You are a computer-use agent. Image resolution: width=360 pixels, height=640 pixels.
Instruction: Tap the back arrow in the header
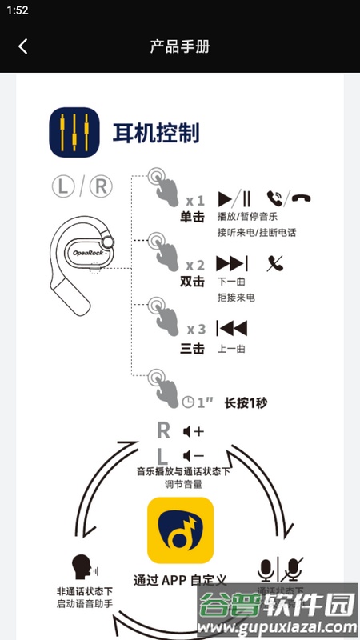click(x=22, y=46)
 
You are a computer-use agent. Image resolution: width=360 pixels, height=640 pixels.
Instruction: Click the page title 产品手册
click(x=180, y=46)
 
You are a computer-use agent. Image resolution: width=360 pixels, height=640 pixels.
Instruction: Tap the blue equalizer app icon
click(x=74, y=133)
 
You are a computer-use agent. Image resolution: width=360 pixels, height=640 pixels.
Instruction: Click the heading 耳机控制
click(x=156, y=133)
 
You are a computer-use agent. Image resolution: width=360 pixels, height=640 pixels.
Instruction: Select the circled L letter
click(x=64, y=186)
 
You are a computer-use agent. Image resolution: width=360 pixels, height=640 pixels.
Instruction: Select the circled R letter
click(x=100, y=186)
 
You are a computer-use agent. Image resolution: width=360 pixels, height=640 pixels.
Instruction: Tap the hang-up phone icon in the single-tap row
click(x=302, y=198)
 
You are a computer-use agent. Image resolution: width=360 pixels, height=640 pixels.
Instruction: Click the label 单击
click(x=193, y=218)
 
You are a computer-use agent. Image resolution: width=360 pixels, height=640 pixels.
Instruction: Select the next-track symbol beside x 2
click(x=232, y=263)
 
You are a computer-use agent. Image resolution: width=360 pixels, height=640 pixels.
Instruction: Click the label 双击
click(x=193, y=282)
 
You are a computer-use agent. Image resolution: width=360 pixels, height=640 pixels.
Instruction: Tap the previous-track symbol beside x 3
click(x=232, y=328)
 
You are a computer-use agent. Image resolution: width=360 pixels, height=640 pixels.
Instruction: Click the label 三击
click(x=193, y=347)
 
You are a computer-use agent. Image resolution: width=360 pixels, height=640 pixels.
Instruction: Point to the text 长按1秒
click(x=246, y=402)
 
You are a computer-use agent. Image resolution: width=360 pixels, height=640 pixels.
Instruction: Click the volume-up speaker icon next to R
click(x=193, y=431)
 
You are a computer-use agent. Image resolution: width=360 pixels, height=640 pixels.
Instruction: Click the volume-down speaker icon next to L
click(x=193, y=456)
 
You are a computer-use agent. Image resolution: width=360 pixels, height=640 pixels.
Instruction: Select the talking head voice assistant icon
click(x=81, y=566)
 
